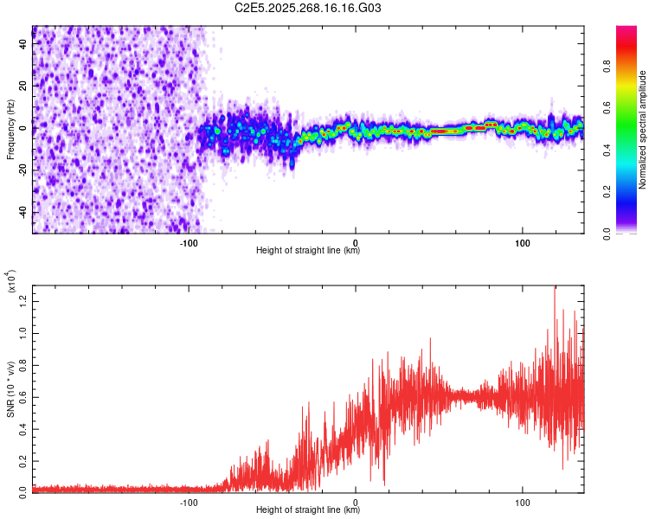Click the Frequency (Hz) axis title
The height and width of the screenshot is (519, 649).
tap(10, 129)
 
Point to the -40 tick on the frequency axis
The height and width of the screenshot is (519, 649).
tap(23, 212)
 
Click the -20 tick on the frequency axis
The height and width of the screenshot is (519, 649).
tap(23, 170)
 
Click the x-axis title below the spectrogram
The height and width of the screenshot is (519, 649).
tap(308, 251)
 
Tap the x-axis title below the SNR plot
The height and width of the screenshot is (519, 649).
tap(308, 510)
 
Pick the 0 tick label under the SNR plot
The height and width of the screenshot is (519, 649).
tap(356, 500)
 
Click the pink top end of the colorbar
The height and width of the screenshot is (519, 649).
tap(627, 30)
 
